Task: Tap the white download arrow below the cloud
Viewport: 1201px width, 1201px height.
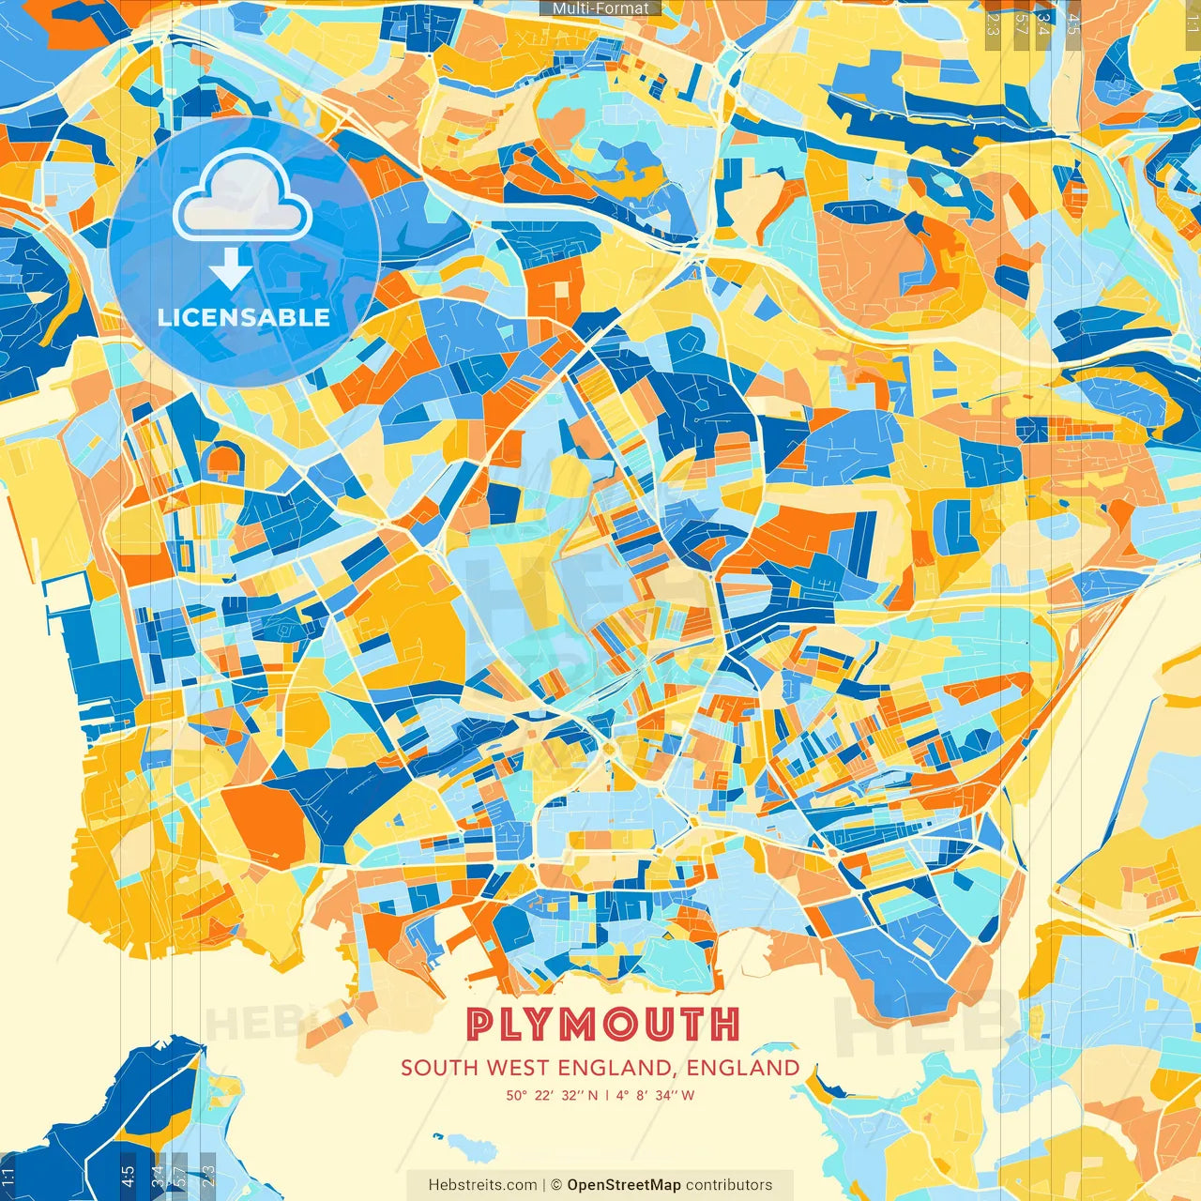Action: (x=230, y=268)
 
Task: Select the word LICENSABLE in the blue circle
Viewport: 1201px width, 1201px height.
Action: (x=244, y=317)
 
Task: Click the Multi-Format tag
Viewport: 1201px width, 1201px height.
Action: (x=600, y=8)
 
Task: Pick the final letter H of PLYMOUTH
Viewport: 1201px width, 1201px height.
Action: (x=724, y=1025)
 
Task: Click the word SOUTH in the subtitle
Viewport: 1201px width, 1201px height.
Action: (x=440, y=1068)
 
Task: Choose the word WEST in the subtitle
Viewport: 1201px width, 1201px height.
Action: (x=519, y=1068)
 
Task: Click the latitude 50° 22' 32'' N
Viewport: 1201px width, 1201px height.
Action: (x=552, y=1095)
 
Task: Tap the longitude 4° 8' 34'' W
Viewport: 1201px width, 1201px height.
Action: (x=656, y=1095)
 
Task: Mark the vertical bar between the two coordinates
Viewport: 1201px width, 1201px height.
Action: (x=607, y=1095)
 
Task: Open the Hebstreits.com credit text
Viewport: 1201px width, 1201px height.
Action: (x=482, y=1185)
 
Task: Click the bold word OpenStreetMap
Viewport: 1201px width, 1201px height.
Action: (x=624, y=1185)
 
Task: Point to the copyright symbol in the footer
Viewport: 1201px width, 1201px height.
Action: (x=556, y=1185)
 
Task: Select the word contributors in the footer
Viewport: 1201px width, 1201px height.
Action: (x=729, y=1185)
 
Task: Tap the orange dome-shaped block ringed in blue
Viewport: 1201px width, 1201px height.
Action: (x=223, y=460)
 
